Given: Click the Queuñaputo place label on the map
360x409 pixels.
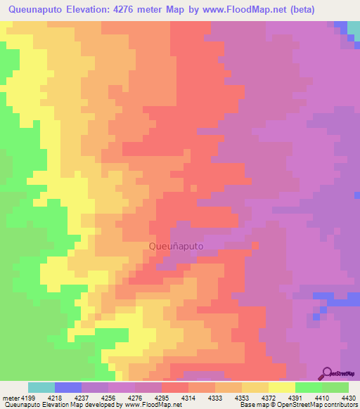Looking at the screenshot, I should (x=176, y=247).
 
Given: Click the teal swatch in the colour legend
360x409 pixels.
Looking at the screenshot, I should (x=41, y=387).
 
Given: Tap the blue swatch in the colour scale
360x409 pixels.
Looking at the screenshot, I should (x=68, y=387).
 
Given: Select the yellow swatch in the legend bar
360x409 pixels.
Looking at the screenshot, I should (x=282, y=387).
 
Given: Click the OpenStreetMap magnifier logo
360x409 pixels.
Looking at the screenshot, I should (x=326, y=372).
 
